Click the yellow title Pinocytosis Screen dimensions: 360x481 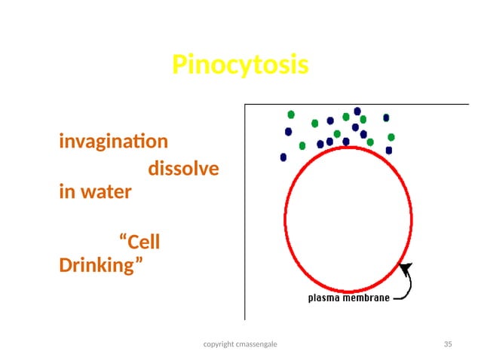[240, 65]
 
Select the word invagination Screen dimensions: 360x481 [113, 142]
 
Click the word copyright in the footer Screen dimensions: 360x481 [220, 344]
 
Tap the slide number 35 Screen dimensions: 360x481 [448, 344]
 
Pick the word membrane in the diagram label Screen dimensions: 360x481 [369, 297]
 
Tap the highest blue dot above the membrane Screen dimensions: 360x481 [357, 111]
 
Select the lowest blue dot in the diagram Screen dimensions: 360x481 [283, 157]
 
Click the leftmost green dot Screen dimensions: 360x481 [290, 114]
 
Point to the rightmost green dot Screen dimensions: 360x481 [391, 137]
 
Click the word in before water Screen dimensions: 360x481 [66, 191]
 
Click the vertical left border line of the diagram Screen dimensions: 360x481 [244, 211]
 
